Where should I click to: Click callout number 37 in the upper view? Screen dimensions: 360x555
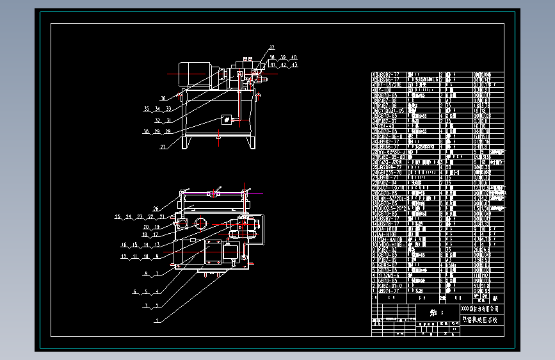(271, 48)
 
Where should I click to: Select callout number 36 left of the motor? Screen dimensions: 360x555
(163, 98)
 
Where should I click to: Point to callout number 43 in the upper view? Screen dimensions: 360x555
(294, 65)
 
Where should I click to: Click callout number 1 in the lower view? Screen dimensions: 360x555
(156, 320)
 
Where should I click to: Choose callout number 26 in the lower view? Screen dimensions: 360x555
(156, 209)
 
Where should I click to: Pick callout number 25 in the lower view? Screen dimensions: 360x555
(118, 217)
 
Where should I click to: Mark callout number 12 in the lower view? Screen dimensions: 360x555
(124, 256)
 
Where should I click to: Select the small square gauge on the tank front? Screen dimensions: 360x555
(227, 120)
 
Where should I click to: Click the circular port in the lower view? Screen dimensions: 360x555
(200, 224)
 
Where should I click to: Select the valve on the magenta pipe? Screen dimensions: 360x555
(216, 192)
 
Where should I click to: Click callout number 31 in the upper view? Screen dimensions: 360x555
(168, 120)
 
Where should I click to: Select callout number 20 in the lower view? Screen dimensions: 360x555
(146, 227)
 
